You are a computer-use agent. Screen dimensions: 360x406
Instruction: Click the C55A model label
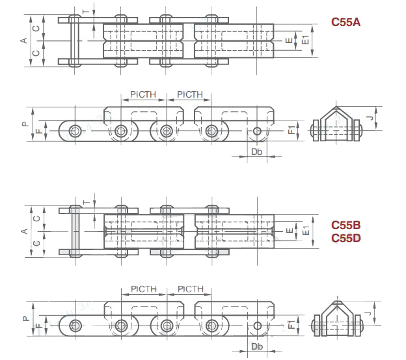(x=345, y=22)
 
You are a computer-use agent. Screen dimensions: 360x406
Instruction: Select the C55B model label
(x=345, y=225)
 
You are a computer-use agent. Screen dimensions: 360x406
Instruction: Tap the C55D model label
(x=345, y=238)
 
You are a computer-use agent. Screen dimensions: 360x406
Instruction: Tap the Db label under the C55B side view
(x=257, y=347)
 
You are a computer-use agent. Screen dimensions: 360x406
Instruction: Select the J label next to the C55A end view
(x=369, y=117)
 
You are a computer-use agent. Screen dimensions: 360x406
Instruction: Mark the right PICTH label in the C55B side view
(x=190, y=289)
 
